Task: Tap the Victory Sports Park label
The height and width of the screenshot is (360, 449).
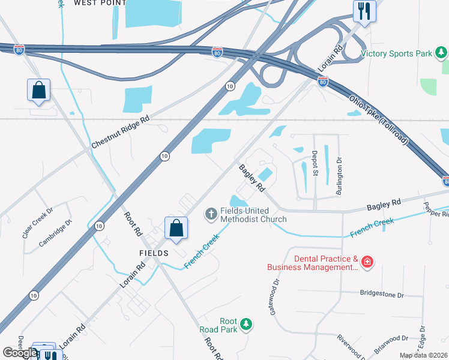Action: coord(396,54)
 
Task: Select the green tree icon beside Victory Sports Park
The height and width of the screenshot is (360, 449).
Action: coord(442,54)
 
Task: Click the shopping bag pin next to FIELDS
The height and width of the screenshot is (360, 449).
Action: coord(176,229)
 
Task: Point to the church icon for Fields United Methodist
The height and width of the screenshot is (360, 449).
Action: coord(211,213)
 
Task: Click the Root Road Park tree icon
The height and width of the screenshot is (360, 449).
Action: coord(246,325)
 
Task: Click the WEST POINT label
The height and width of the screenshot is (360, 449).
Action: coord(100,3)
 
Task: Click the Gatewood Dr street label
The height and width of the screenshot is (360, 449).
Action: coord(277,292)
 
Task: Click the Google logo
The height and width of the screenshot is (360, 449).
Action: coord(20,353)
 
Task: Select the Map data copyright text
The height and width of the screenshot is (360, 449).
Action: coord(424,355)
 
